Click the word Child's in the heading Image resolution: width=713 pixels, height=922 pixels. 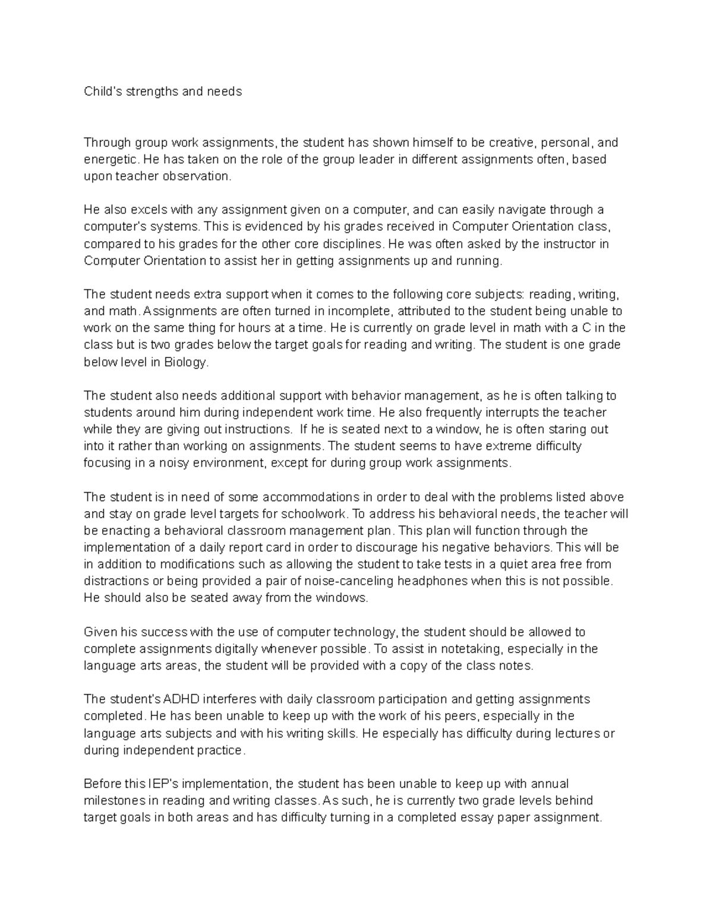[x=103, y=91]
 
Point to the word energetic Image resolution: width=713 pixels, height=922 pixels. [x=112, y=160]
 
